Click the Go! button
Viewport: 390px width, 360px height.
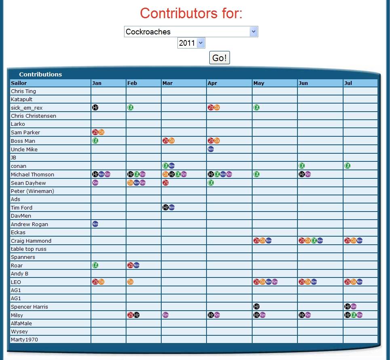pyautogui.click(x=219, y=58)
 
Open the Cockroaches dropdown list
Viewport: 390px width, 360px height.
pyautogui.click(x=191, y=32)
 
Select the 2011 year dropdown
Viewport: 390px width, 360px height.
pyautogui.click(x=191, y=43)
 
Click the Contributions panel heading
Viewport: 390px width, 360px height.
pyautogui.click(x=40, y=74)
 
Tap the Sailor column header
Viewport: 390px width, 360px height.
pyautogui.click(x=19, y=83)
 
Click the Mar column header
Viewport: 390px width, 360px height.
pyautogui.click(x=167, y=83)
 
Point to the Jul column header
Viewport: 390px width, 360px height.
pyautogui.click(x=348, y=83)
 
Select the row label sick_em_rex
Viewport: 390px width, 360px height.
pyautogui.click(x=27, y=108)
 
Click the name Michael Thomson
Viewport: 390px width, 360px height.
pyautogui.click(x=32, y=174)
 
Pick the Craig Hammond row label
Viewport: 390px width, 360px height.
pyautogui.click(x=31, y=241)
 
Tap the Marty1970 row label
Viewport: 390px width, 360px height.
pyautogui.click(x=24, y=339)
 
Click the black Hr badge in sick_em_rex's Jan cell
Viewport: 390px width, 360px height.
pyautogui.click(x=95, y=108)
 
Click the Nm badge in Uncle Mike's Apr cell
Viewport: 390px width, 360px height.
pyautogui.click(x=211, y=149)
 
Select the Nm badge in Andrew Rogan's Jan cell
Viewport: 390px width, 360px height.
pyautogui.click(x=95, y=224)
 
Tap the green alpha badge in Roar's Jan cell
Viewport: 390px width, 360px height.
pyautogui.click(x=95, y=265)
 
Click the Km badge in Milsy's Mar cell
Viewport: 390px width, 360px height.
pyautogui.click(x=165, y=315)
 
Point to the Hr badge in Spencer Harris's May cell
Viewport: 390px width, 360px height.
pyautogui.click(x=256, y=307)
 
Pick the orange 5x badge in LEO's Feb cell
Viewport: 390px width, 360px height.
pyautogui.click(x=131, y=282)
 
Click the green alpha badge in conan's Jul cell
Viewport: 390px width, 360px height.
pyautogui.click(x=347, y=166)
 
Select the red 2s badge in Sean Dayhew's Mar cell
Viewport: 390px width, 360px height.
pyautogui.click(x=165, y=183)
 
